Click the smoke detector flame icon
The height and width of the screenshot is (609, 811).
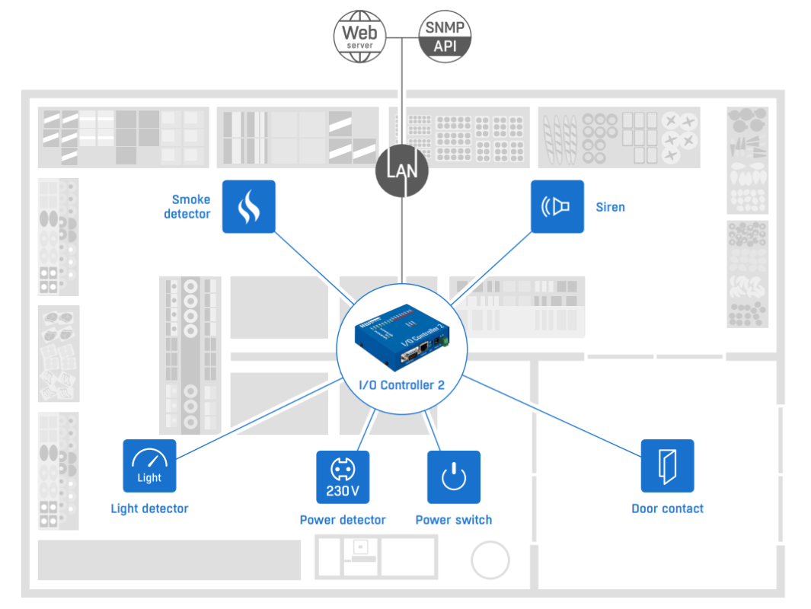[x=248, y=206]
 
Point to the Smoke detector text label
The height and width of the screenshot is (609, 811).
[x=187, y=207]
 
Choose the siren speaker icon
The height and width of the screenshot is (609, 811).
[x=557, y=206]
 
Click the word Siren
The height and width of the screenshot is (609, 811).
[x=610, y=207]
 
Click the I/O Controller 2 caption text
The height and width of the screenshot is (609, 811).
[x=401, y=385]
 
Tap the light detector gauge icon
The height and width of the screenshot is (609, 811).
[x=149, y=465]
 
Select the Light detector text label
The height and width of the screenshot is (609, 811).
[x=149, y=509]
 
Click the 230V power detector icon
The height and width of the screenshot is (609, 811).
[x=343, y=477]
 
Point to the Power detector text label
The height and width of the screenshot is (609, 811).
[x=343, y=520]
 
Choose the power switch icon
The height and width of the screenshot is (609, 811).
[x=453, y=477]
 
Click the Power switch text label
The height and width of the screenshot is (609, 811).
[x=454, y=520]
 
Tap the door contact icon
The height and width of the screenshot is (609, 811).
[x=667, y=465]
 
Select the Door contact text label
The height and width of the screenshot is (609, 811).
[x=667, y=509]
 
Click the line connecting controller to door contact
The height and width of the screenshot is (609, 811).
[x=552, y=416]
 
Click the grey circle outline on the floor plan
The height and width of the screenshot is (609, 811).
[x=490, y=560]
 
